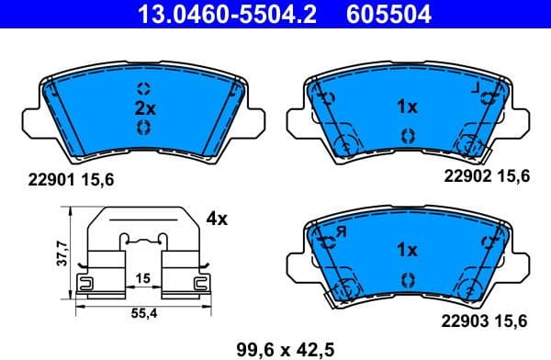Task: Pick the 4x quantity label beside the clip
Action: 217,219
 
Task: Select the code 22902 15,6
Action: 488,179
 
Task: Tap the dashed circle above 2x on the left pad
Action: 142,89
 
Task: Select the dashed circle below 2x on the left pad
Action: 142,129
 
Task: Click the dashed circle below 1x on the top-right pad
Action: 407,135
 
